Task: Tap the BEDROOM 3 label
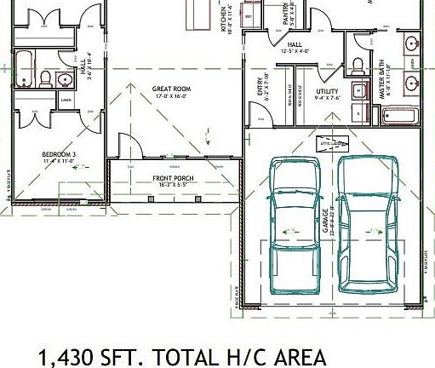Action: (59, 155)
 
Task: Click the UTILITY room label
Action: (328, 90)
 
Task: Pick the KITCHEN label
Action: (225, 18)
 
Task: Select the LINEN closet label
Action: (65, 101)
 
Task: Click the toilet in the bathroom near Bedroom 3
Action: (45, 78)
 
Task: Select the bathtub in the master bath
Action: (398, 115)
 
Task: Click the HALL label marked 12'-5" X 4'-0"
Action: (295, 45)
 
